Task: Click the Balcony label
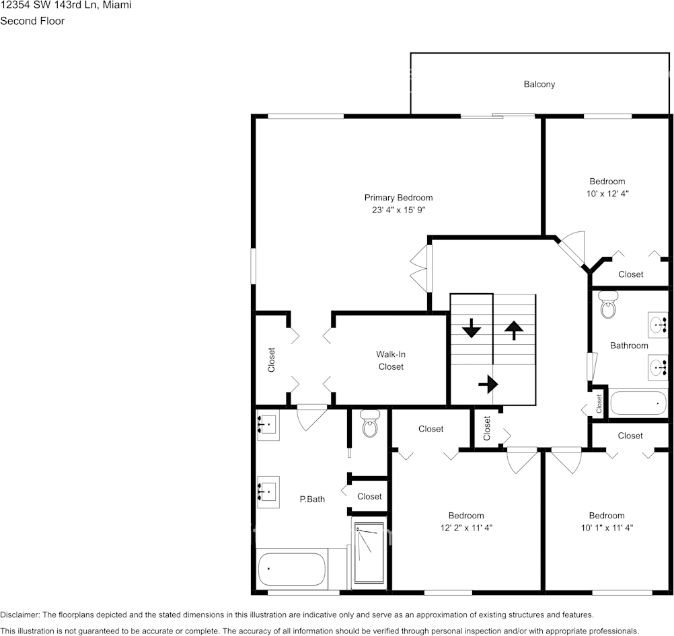coord(539,84)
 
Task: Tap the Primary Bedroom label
coord(398,198)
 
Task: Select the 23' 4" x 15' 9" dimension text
coord(398,210)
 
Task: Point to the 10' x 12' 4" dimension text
coord(607,193)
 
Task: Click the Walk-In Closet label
coord(391,360)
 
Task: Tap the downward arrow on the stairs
coord(471,329)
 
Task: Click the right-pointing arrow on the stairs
coord(488,385)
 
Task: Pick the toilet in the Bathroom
coord(608,305)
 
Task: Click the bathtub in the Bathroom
coord(638,403)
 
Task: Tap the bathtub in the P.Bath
coord(292,569)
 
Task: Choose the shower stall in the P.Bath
coord(369,553)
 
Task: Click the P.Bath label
coord(312,499)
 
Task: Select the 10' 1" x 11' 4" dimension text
coord(607,528)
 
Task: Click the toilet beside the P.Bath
coord(369,424)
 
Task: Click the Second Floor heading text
coord(32,21)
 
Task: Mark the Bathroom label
coord(629,346)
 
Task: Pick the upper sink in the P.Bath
coord(268,426)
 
